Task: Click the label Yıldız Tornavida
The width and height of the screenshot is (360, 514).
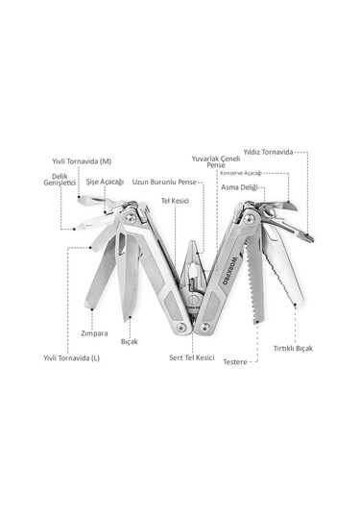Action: [x=268, y=152]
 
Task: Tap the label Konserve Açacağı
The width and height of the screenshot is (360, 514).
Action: [x=241, y=173]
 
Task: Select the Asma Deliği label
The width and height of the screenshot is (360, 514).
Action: [x=239, y=187]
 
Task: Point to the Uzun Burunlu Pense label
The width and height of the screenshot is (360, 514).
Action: [x=164, y=182]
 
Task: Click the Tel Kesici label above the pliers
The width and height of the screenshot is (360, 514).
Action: [x=175, y=201]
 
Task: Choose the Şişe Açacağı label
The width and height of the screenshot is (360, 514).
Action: [x=105, y=182]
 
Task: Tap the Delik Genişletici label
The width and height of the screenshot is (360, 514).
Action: [x=60, y=180]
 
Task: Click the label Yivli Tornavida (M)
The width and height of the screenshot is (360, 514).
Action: [x=82, y=161]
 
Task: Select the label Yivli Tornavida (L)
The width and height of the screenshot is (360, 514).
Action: [x=71, y=358]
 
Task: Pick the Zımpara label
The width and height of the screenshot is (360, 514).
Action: [x=94, y=333]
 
